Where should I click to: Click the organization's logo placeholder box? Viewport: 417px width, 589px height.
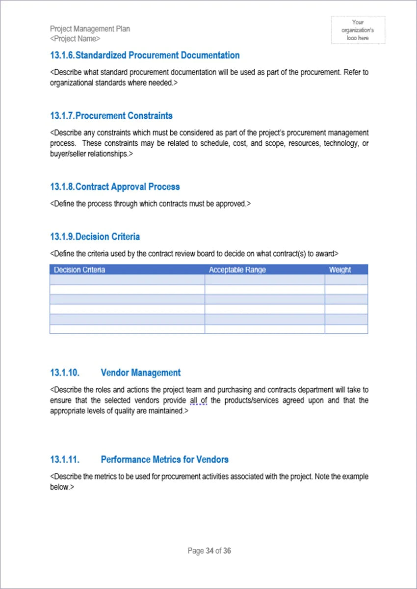coord(358,30)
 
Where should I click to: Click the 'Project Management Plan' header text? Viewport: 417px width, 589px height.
coord(90,29)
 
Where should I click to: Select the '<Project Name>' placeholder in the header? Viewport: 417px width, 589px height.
coord(75,38)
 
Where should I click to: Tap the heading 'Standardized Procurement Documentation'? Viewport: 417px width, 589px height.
coord(157,55)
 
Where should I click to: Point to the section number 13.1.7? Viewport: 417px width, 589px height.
coord(62,116)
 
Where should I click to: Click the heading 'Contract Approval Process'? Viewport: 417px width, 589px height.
coord(128,187)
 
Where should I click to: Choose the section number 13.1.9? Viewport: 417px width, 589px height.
coord(62,237)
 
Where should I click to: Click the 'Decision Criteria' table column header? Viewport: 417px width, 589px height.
coord(79,269)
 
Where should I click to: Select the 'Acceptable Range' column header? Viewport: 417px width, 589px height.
coord(237,269)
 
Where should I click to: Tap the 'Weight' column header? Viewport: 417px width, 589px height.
coord(340,269)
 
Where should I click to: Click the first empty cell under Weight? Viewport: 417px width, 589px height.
coord(346,280)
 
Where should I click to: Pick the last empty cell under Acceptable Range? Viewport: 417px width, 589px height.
coord(264,329)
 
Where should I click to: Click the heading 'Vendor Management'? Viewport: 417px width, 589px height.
coord(140,373)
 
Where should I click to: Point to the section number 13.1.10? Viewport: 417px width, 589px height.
coord(64,373)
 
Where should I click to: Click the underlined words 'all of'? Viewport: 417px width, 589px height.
coord(198,401)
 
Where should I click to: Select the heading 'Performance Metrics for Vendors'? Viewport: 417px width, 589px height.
coord(164,459)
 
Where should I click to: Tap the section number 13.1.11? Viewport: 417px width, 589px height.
coord(64,459)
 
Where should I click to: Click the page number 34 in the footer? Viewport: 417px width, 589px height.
coord(209,551)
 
